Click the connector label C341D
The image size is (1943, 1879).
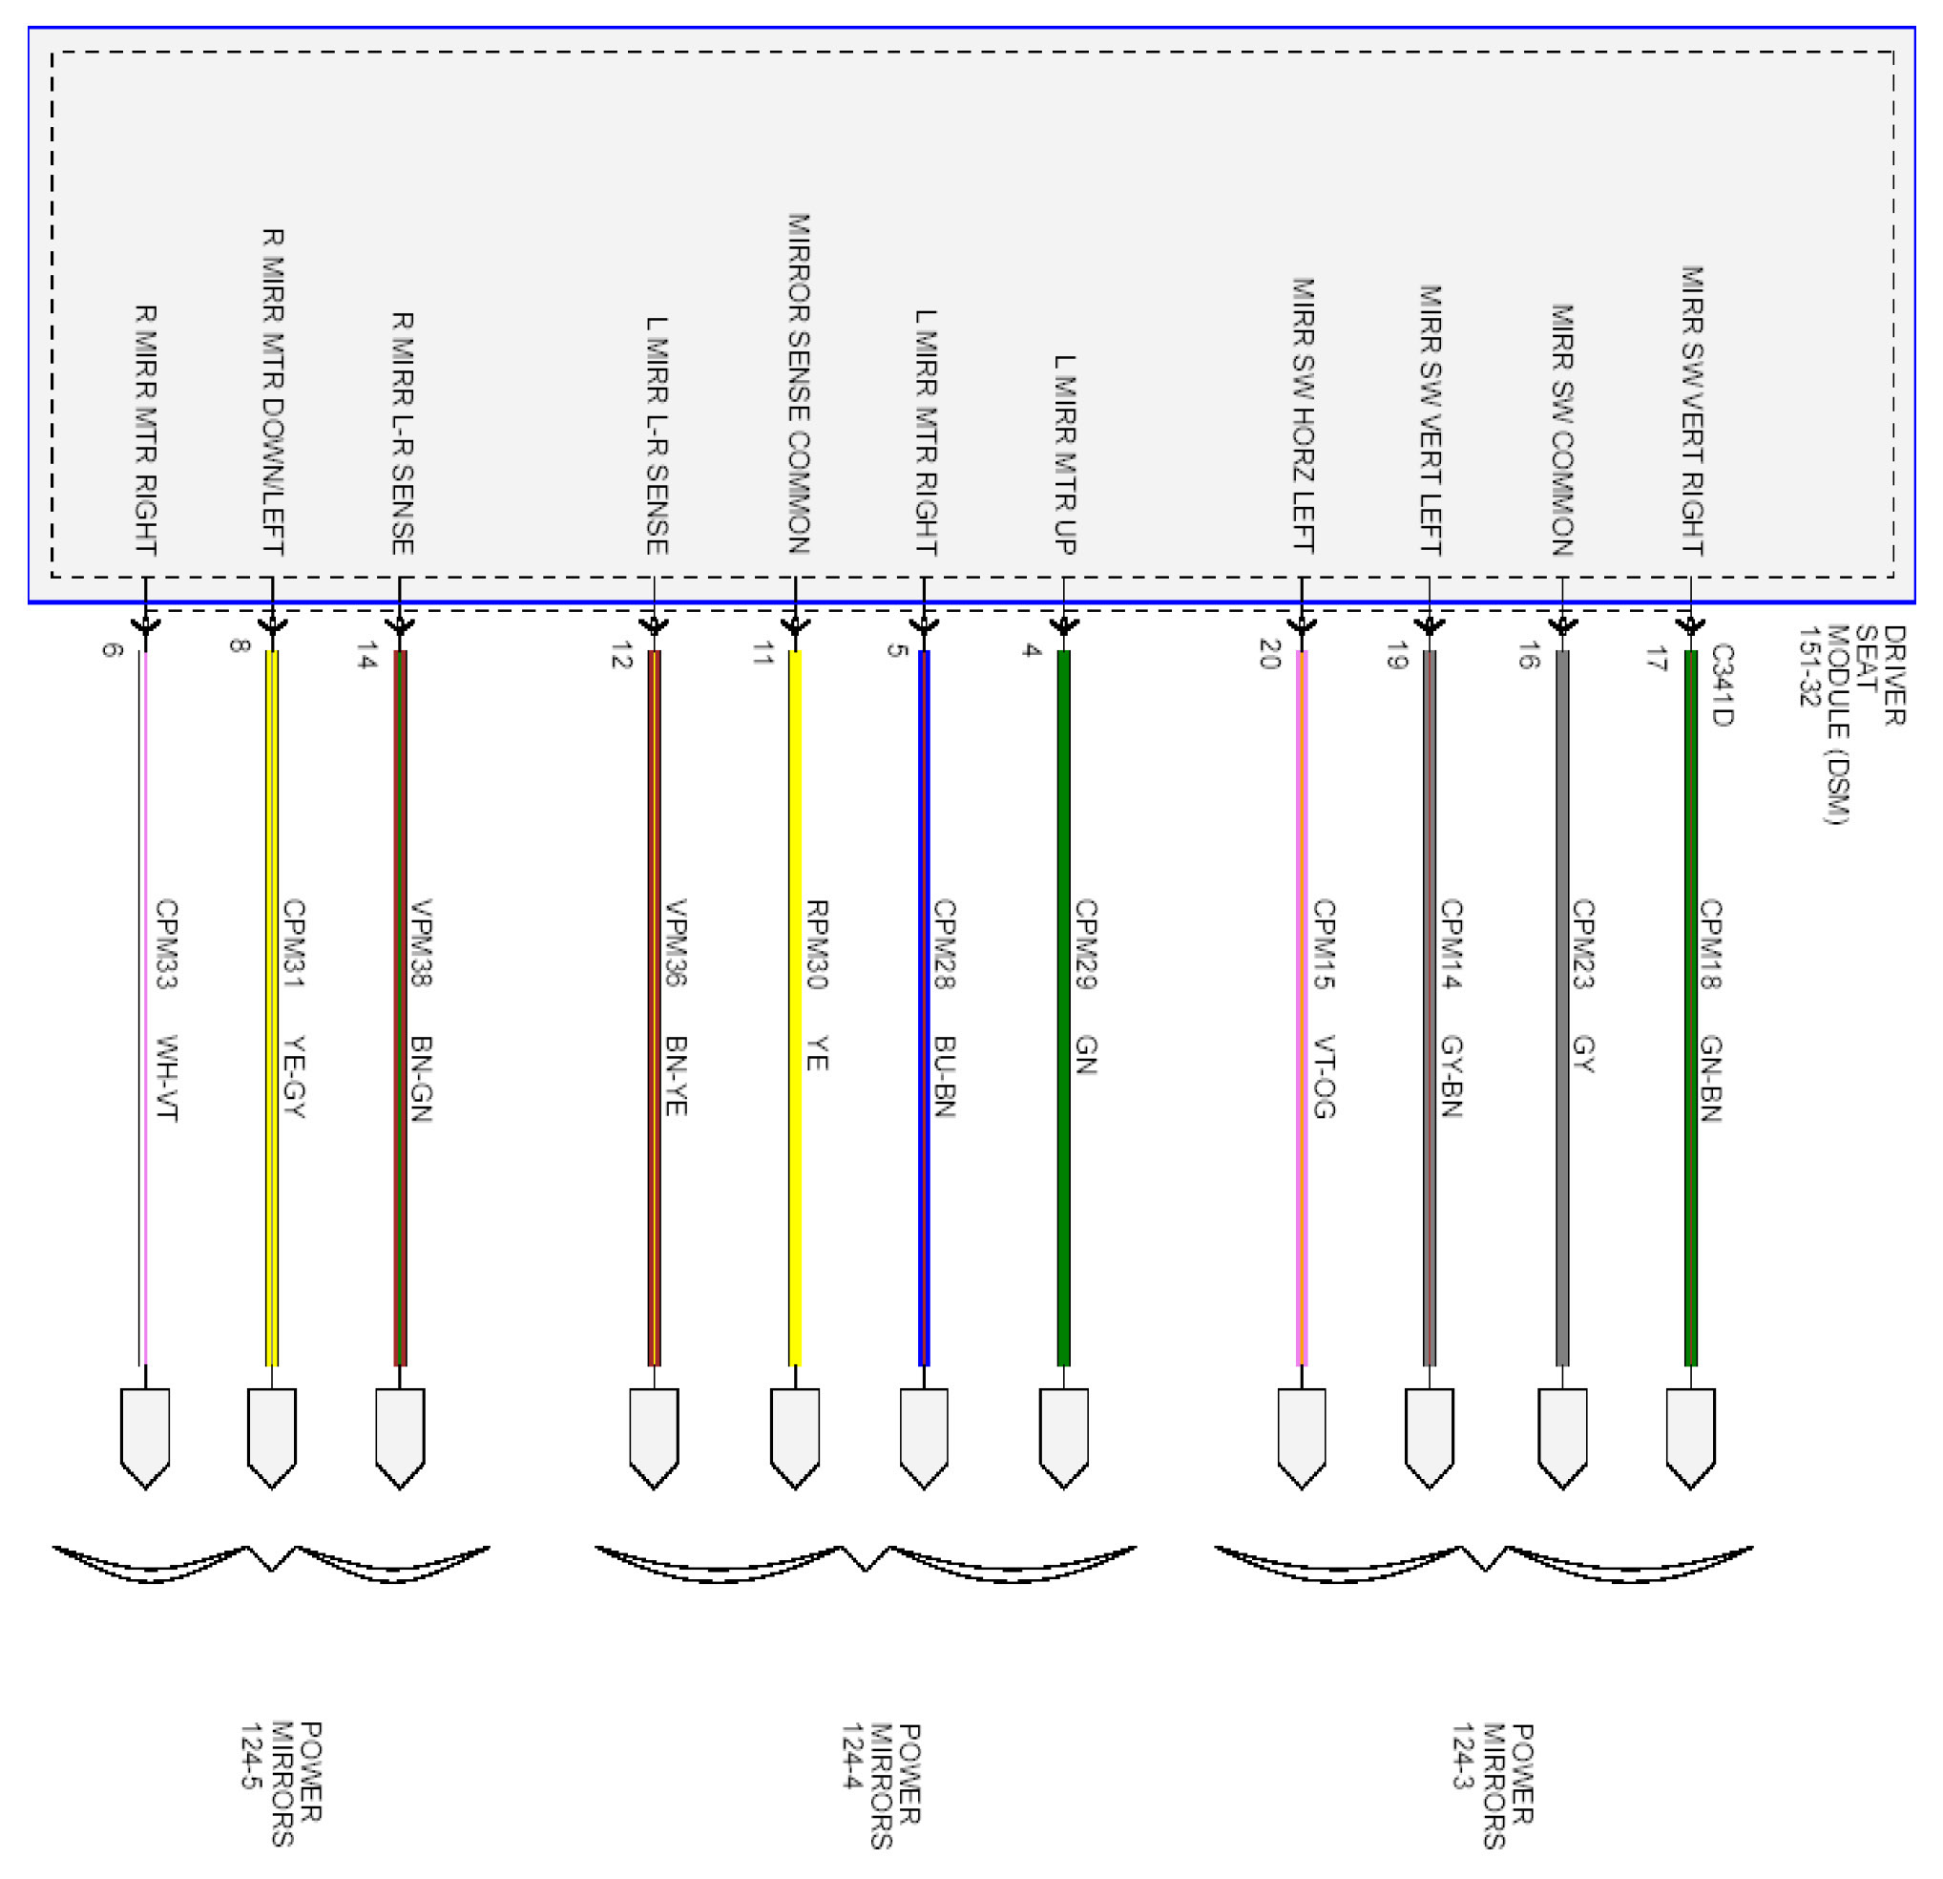[1722, 686]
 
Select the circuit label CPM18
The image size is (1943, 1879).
[1711, 944]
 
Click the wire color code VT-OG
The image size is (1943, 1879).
[1325, 1077]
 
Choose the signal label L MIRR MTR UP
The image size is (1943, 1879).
[1065, 454]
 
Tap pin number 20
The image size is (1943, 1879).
[1270, 654]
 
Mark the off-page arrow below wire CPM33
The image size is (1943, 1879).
[145, 1437]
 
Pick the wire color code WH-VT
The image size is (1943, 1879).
[167, 1078]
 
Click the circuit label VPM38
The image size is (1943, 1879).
[421, 942]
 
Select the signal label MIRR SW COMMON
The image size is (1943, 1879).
[1563, 430]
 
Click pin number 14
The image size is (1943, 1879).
[367, 655]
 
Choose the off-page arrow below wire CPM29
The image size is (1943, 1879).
[1064, 1437]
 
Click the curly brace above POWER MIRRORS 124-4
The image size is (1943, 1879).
[866, 1563]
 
